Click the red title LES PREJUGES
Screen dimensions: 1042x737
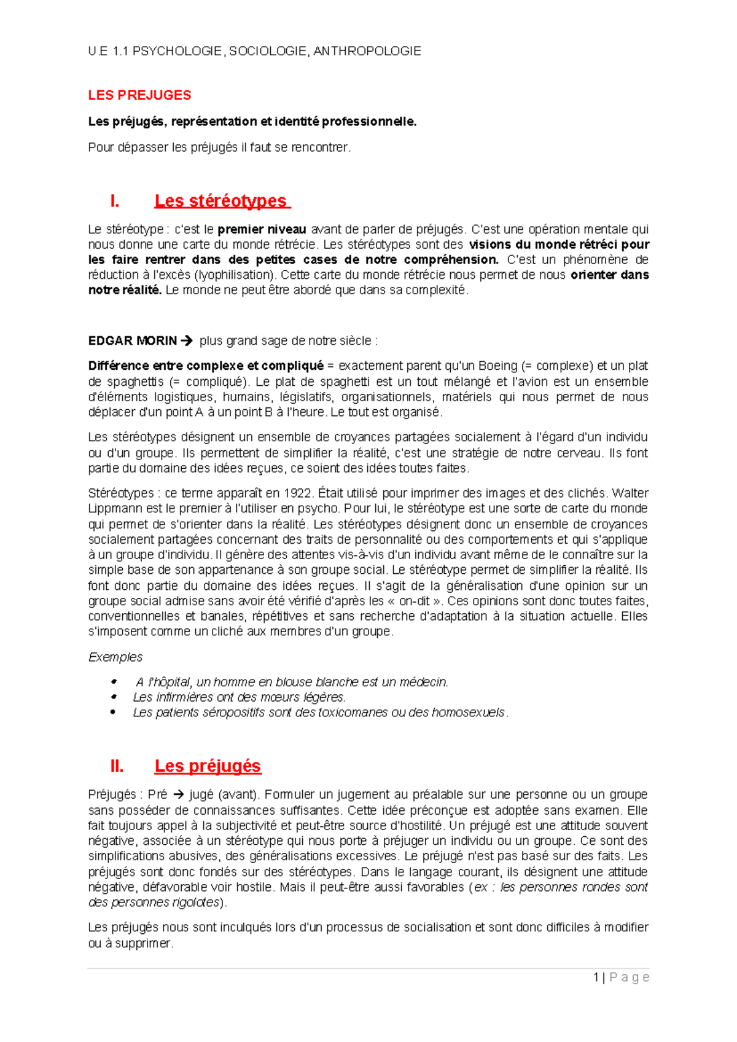[139, 95]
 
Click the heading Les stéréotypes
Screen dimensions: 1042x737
[220, 201]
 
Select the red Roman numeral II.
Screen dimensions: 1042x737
[117, 766]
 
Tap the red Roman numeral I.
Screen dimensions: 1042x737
[114, 201]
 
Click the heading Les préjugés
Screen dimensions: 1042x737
[208, 766]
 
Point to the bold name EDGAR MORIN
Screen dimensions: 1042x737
[132, 341]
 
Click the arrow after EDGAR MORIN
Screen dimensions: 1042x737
[187, 341]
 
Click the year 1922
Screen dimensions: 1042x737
[298, 493]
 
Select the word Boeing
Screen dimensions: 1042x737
[497, 366]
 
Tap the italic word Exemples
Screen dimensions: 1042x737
[115, 657]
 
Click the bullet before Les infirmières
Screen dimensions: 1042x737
[113, 697]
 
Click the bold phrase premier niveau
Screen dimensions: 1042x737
[262, 230]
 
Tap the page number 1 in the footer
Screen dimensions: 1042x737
[596, 977]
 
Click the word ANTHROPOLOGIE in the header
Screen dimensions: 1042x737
[367, 52]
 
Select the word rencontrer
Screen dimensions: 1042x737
[323, 147]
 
